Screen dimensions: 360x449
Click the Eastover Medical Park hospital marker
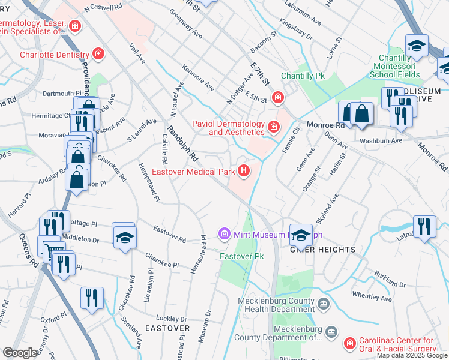[244, 172]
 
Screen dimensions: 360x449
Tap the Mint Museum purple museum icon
[224, 233]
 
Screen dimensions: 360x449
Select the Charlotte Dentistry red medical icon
[98, 54]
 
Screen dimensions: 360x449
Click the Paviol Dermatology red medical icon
[273, 126]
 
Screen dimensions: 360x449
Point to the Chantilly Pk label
[303, 76]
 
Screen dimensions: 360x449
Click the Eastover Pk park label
[242, 256]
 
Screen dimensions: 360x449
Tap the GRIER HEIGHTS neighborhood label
[324, 249]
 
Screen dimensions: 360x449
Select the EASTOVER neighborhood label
[167, 328]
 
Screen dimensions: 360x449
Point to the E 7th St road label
[259, 71]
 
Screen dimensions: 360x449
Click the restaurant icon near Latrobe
[425, 226]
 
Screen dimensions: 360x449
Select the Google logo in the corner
[20, 353]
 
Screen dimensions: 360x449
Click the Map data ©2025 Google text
[412, 355]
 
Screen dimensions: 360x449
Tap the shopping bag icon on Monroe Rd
[362, 113]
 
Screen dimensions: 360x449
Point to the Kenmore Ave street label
[198, 78]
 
